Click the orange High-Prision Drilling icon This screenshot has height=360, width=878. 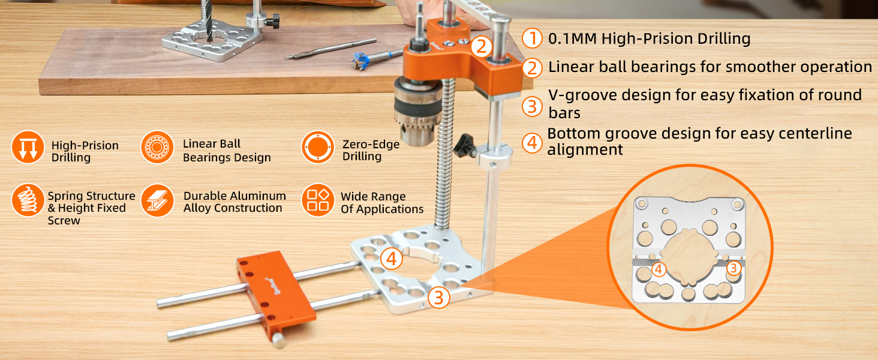28,148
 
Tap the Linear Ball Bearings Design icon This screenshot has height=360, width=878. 157,148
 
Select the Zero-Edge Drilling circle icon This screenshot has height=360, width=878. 318,148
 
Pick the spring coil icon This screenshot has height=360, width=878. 28,200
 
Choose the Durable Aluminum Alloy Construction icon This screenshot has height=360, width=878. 157,200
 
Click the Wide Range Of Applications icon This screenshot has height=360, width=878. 318,200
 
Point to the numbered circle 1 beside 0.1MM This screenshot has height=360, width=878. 532,38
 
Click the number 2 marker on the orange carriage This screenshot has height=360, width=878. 482,47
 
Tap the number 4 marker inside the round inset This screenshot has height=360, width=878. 659,269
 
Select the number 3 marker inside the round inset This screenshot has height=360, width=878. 733,268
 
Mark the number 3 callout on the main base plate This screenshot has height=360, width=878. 438,298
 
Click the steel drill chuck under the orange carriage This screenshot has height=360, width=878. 418,111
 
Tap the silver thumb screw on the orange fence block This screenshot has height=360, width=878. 279,340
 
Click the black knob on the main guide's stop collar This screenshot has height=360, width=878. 465,146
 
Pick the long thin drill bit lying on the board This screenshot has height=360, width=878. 330,49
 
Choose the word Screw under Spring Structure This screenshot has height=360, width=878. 64,220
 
